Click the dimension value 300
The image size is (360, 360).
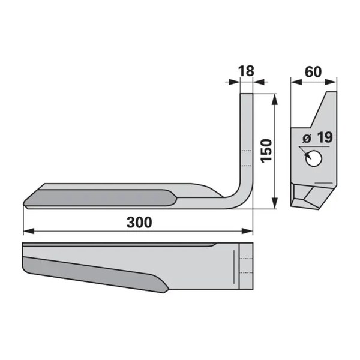139,222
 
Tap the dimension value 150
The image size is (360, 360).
266,151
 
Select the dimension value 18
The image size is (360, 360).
247,71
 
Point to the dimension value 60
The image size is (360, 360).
313,72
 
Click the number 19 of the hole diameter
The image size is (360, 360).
325,138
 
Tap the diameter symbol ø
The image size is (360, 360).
307,139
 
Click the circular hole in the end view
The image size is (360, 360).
314,158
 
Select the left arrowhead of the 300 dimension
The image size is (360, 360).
29,231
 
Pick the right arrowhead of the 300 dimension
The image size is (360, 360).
247,231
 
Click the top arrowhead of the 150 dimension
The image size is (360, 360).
275,99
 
